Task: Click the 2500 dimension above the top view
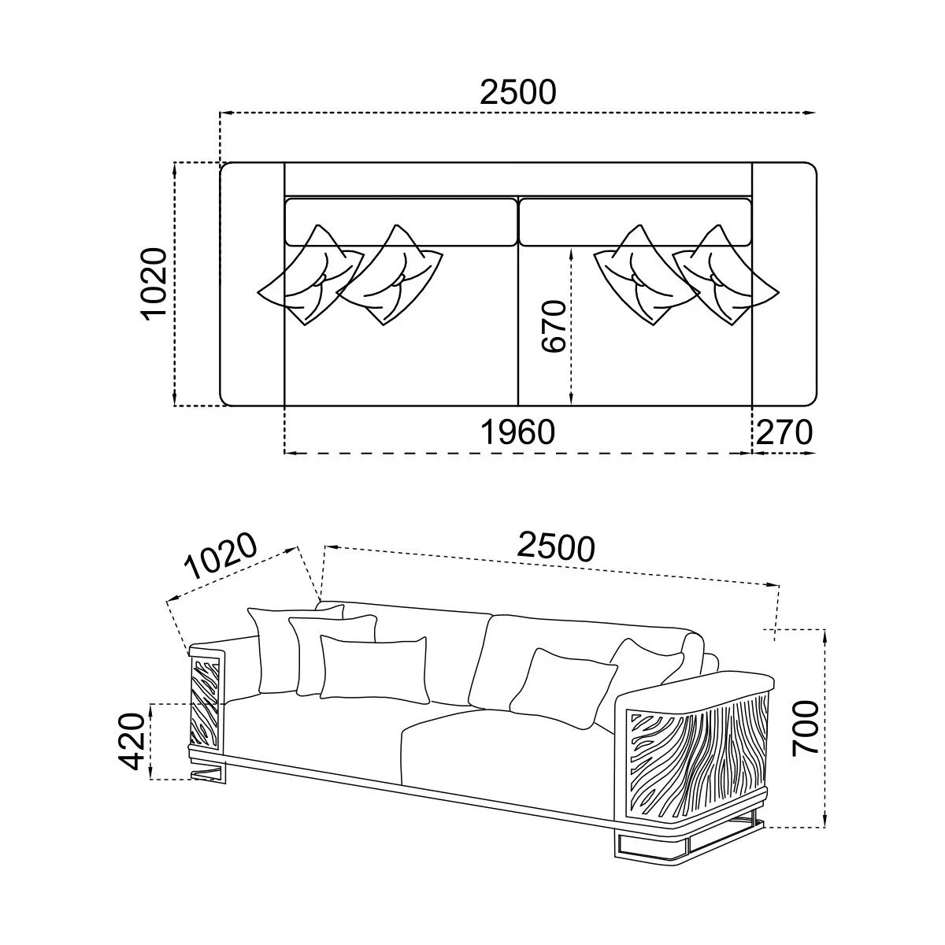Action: click(x=518, y=93)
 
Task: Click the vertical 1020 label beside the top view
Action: click(x=154, y=284)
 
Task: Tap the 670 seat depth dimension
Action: click(x=554, y=326)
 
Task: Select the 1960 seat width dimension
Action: click(x=518, y=432)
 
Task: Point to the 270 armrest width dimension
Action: click(x=784, y=432)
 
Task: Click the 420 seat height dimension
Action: click(x=132, y=742)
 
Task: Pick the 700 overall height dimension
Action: click(x=806, y=728)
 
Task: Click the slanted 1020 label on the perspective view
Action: click(x=220, y=556)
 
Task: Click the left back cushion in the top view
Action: click(x=401, y=222)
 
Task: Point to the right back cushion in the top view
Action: click(x=635, y=222)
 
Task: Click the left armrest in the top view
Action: click(x=252, y=284)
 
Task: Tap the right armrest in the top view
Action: click(x=784, y=284)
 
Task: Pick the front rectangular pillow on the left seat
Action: click(x=375, y=669)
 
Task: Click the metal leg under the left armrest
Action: click(x=209, y=772)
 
